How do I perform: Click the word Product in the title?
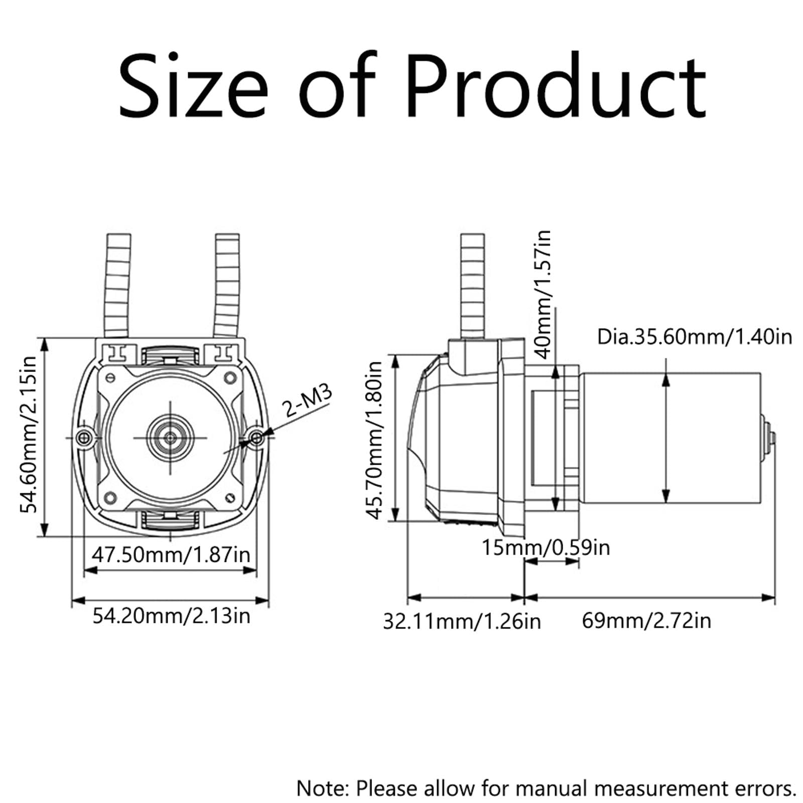556,86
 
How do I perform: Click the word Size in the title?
194,86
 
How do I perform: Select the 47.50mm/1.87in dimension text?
171,555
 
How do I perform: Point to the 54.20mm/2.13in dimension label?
171,615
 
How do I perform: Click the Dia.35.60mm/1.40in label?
694,337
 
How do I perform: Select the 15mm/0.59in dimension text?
546,547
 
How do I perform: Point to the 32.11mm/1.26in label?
462,621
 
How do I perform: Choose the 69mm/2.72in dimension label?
646,621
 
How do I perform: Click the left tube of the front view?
118,286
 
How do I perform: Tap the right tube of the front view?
227,286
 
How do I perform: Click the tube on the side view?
472,286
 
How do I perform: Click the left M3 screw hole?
83,438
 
